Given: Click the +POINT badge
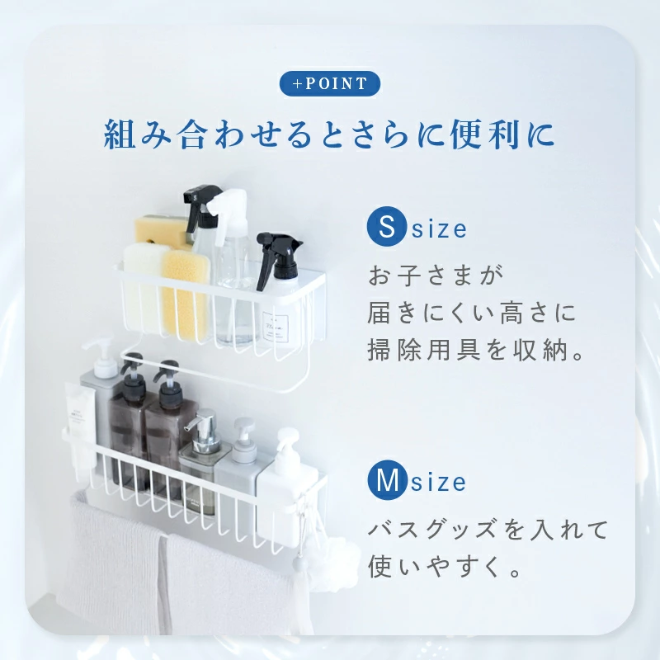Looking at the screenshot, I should click(x=329, y=84).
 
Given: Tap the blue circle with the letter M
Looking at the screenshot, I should click(x=388, y=481).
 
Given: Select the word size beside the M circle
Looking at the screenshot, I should click(x=439, y=483).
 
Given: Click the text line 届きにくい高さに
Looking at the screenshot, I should click(x=471, y=313).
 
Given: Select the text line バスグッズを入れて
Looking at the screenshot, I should click(x=487, y=529).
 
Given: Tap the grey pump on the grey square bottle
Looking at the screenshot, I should click(x=243, y=433).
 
